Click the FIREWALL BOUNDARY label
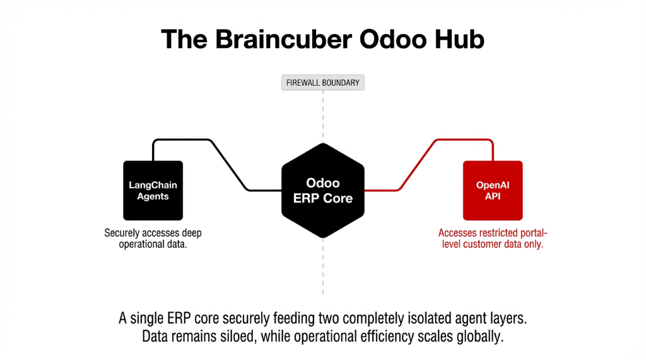(x=322, y=83)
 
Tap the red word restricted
(x=496, y=233)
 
